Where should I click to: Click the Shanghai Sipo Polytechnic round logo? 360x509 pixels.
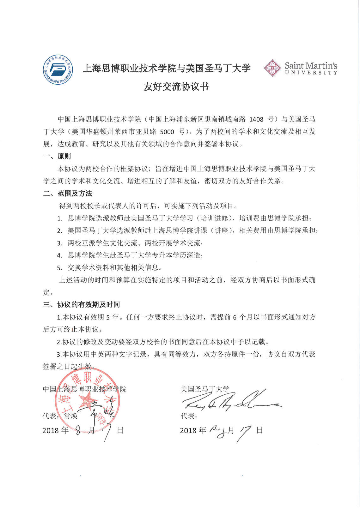[x=58, y=70]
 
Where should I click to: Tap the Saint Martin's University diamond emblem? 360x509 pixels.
[x=272, y=68]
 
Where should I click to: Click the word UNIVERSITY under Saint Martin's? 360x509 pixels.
[x=311, y=73]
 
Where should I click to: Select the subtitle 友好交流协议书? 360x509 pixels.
[x=176, y=87]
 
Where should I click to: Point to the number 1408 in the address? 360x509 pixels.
[x=256, y=119]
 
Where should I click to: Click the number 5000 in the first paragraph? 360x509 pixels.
[x=167, y=132]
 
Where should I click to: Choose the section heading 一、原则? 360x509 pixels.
[x=57, y=156]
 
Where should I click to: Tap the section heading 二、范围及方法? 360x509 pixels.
[x=68, y=194]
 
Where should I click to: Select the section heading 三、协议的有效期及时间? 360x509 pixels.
[x=82, y=305]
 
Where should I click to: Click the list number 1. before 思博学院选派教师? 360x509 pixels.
[x=59, y=219]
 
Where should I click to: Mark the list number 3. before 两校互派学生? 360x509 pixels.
[x=59, y=243]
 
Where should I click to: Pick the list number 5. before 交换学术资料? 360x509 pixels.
[x=59, y=268]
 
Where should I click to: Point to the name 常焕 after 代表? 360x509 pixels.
[x=70, y=416]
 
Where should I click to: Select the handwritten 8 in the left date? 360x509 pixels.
[x=78, y=430]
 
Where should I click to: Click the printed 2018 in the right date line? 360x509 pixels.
[x=188, y=430]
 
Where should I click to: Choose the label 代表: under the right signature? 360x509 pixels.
[x=189, y=416]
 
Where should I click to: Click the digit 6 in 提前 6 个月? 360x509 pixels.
[x=235, y=317]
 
